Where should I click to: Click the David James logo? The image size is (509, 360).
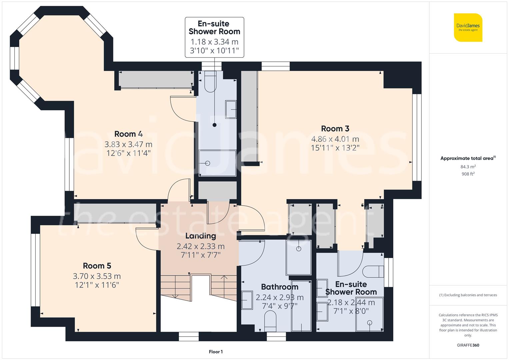[x=468, y=27]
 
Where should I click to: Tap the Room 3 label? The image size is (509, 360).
[x=335, y=128]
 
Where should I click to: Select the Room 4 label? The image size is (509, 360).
[x=128, y=134]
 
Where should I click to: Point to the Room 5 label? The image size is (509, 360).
[x=97, y=266]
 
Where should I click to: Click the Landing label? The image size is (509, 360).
[x=201, y=236]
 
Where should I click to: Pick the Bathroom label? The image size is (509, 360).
[x=279, y=287]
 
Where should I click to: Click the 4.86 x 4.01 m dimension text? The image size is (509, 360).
[x=335, y=139]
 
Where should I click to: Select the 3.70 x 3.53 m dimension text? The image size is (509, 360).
[x=97, y=276]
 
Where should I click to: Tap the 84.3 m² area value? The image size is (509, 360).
[x=468, y=167]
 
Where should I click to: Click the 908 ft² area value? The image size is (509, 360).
[x=468, y=174]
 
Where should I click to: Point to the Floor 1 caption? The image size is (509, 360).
[x=216, y=352]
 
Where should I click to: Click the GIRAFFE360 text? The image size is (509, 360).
[x=468, y=345]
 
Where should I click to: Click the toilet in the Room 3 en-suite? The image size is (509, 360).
[x=373, y=272]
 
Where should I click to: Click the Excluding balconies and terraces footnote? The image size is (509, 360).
[x=468, y=295]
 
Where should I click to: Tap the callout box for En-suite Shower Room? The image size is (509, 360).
[x=214, y=37]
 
